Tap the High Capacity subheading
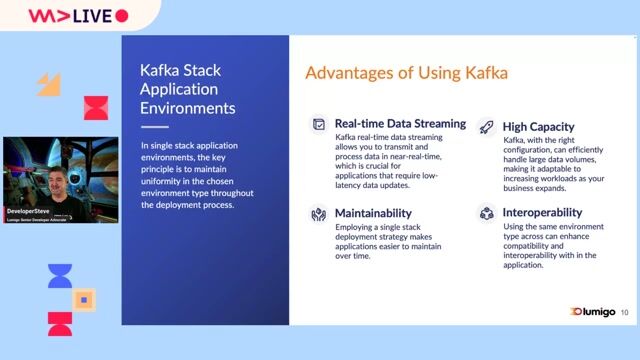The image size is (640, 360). point(538,127)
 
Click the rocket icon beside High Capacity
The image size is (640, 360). point(486,127)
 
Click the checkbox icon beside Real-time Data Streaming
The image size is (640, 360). point(318,124)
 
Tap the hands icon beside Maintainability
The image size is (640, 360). point(318,213)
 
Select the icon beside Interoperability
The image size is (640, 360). point(486,213)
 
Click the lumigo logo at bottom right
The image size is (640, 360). point(590,312)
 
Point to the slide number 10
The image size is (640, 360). point(625,313)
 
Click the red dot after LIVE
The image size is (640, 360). point(122,16)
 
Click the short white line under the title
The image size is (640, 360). point(154,127)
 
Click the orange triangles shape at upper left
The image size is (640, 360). point(49,84)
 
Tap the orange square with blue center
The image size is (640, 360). point(85,299)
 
